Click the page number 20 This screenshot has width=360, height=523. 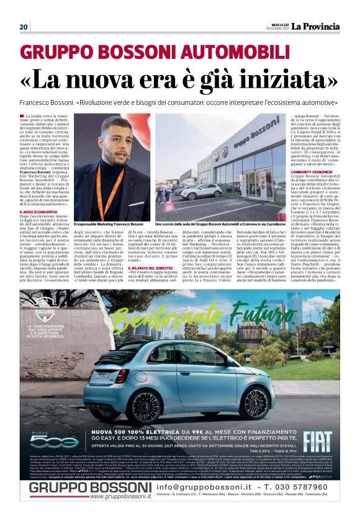[x=24, y=27]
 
